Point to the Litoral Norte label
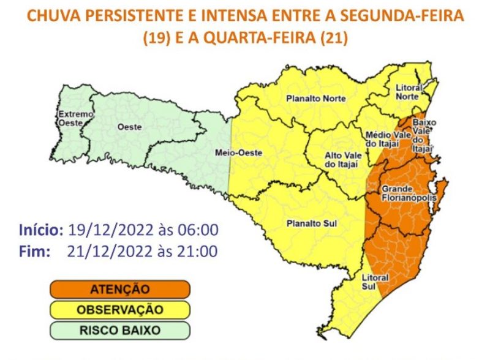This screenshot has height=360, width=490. coord(407,92)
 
